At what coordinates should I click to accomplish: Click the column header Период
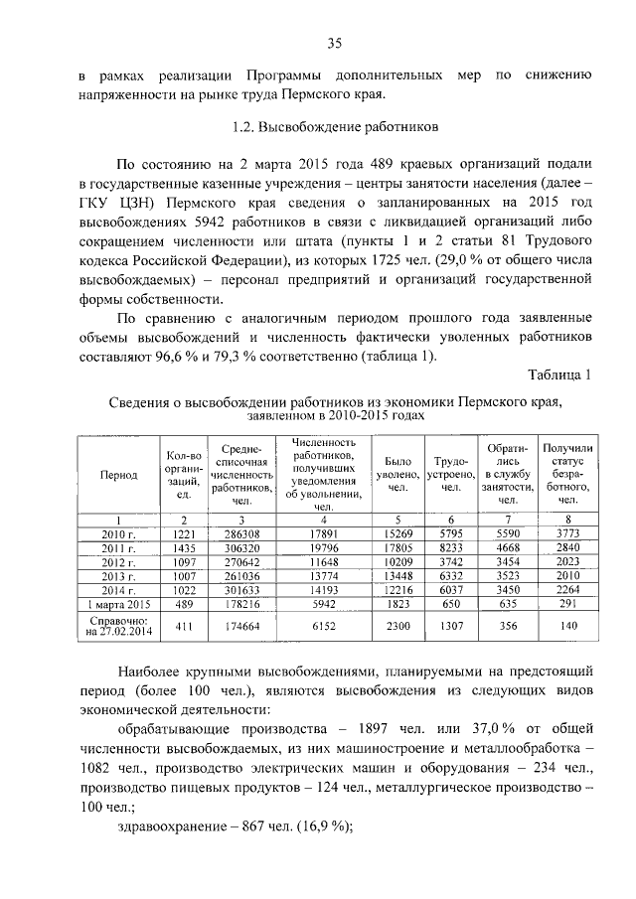point(119,476)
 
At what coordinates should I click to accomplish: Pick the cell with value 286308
point(240,533)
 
